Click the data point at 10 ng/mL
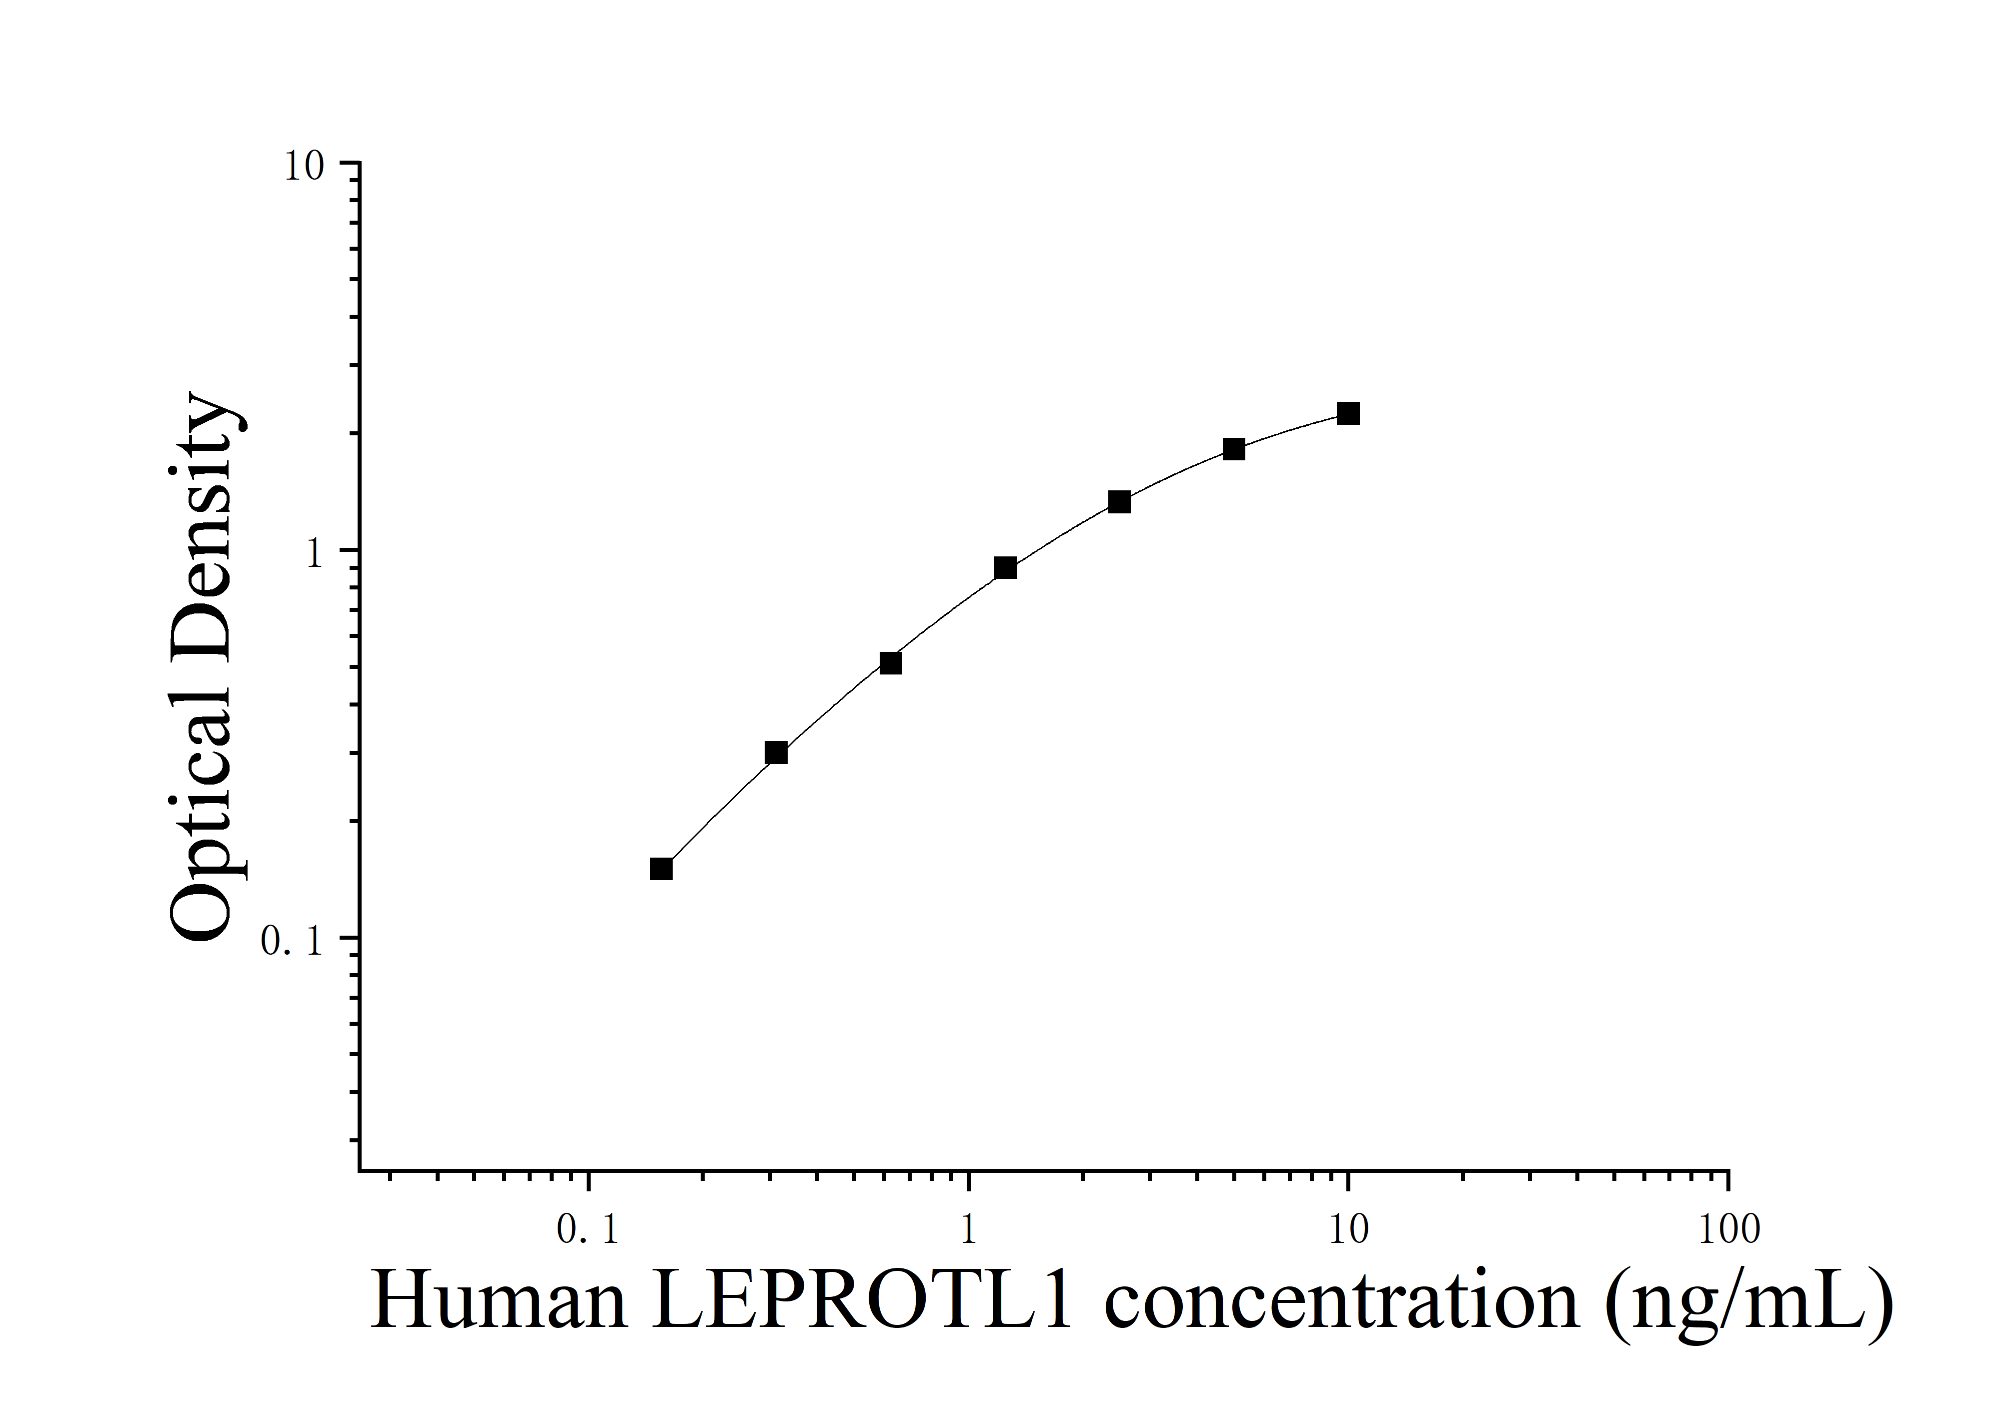point(1348,414)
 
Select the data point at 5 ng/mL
point(1233,450)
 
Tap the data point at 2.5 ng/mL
point(1119,502)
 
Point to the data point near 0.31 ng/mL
point(776,753)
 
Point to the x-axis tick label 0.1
point(588,1231)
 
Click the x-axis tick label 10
point(1348,1231)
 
